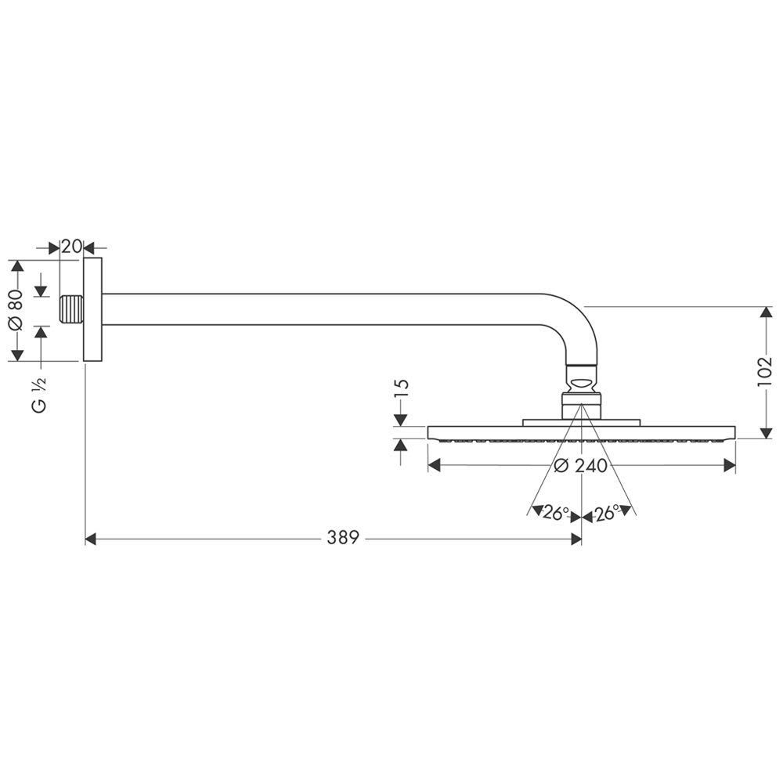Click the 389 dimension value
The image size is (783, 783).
[343, 538]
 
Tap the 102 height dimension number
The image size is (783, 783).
[764, 371]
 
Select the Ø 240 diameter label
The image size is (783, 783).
[581, 466]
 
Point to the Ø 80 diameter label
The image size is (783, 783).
[16, 309]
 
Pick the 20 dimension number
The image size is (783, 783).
[71, 246]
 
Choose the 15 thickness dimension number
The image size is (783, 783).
[402, 388]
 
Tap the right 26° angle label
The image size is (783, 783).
[606, 512]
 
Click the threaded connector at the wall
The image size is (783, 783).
[71, 309]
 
